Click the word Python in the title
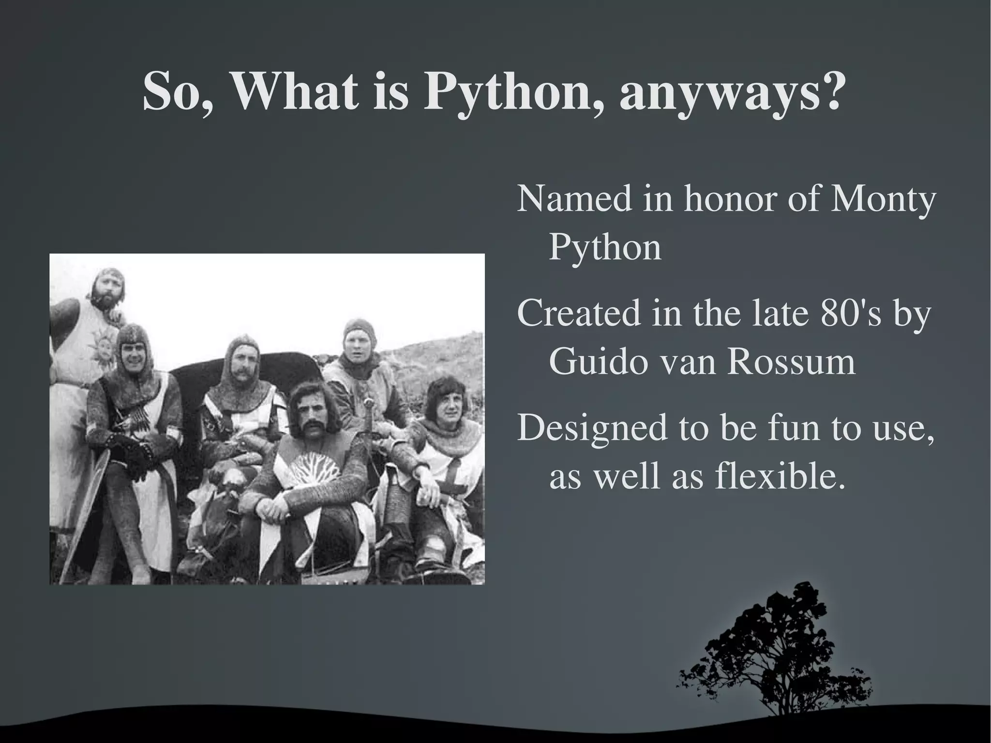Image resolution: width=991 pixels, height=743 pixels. click(512, 92)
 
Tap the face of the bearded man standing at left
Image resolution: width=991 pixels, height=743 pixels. click(107, 292)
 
